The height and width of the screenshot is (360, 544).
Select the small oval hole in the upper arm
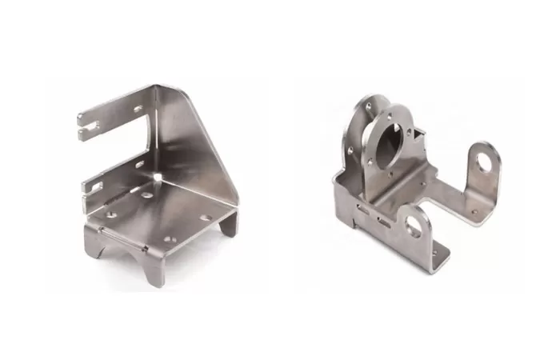[138, 109]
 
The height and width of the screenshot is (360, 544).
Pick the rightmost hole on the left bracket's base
[206, 218]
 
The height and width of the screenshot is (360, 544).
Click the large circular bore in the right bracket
[391, 136]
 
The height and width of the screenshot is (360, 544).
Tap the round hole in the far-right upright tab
[484, 163]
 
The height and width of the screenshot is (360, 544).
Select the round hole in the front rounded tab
[415, 226]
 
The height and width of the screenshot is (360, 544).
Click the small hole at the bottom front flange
[436, 254]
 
